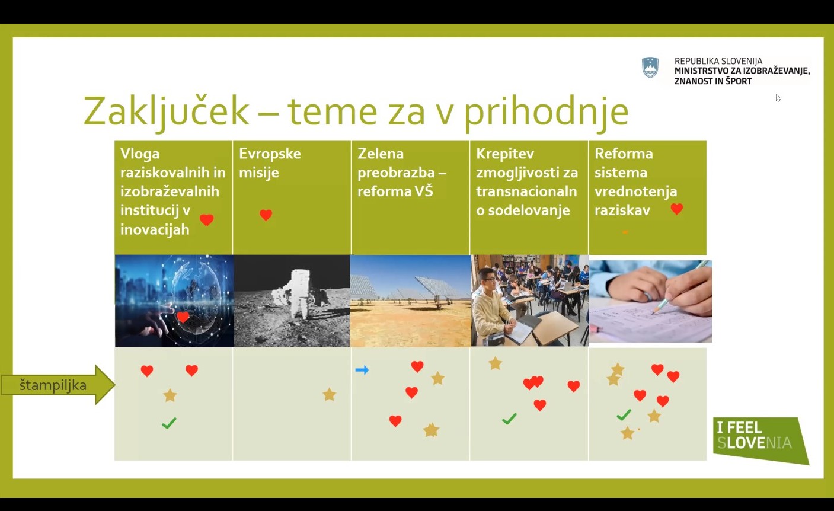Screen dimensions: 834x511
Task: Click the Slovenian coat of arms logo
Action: click(x=650, y=68)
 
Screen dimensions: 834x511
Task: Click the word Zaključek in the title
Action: click(x=166, y=111)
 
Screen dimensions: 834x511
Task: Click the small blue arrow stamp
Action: click(x=362, y=370)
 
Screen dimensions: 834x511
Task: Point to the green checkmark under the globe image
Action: click(x=169, y=423)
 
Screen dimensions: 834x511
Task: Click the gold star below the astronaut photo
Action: click(x=330, y=394)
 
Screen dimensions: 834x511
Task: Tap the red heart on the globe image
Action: click(x=183, y=317)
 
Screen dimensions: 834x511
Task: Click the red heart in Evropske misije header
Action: click(x=266, y=215)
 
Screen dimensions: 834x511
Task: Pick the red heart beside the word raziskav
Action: click(x=676, y=209)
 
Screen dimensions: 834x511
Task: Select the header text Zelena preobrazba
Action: click(x=401, y=163)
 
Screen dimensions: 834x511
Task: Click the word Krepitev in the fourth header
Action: click(x=505, y=154)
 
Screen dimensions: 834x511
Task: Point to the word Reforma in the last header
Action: click(x=624, y=154)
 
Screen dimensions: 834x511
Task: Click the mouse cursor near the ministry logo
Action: click(x=778, y=98)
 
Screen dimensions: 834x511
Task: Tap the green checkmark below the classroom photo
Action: click(x=509, y=419)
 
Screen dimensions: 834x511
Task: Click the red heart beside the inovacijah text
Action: click(x=207, y=220)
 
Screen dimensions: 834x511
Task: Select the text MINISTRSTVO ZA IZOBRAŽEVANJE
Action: click(x=742, y=71)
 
